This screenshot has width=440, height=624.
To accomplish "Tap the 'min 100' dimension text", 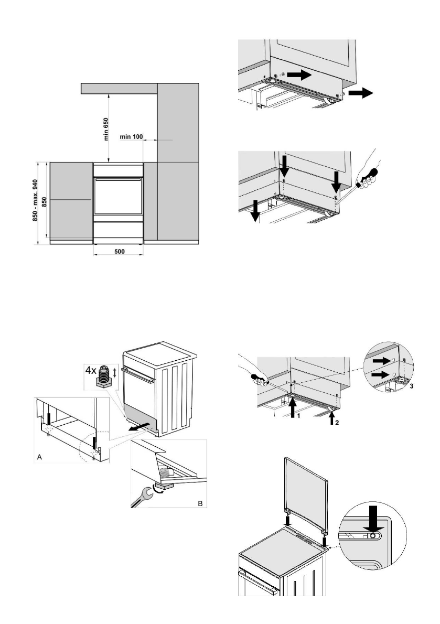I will [132, 137].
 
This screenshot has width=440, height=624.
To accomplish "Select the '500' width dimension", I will [119, 252].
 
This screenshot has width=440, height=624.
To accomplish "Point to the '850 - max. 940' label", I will [35, 203].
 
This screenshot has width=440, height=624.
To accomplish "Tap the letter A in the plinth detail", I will [39, 457].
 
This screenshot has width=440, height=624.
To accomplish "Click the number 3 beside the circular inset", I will [411, 386].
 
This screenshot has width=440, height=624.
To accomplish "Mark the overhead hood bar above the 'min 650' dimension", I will [119, 88].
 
